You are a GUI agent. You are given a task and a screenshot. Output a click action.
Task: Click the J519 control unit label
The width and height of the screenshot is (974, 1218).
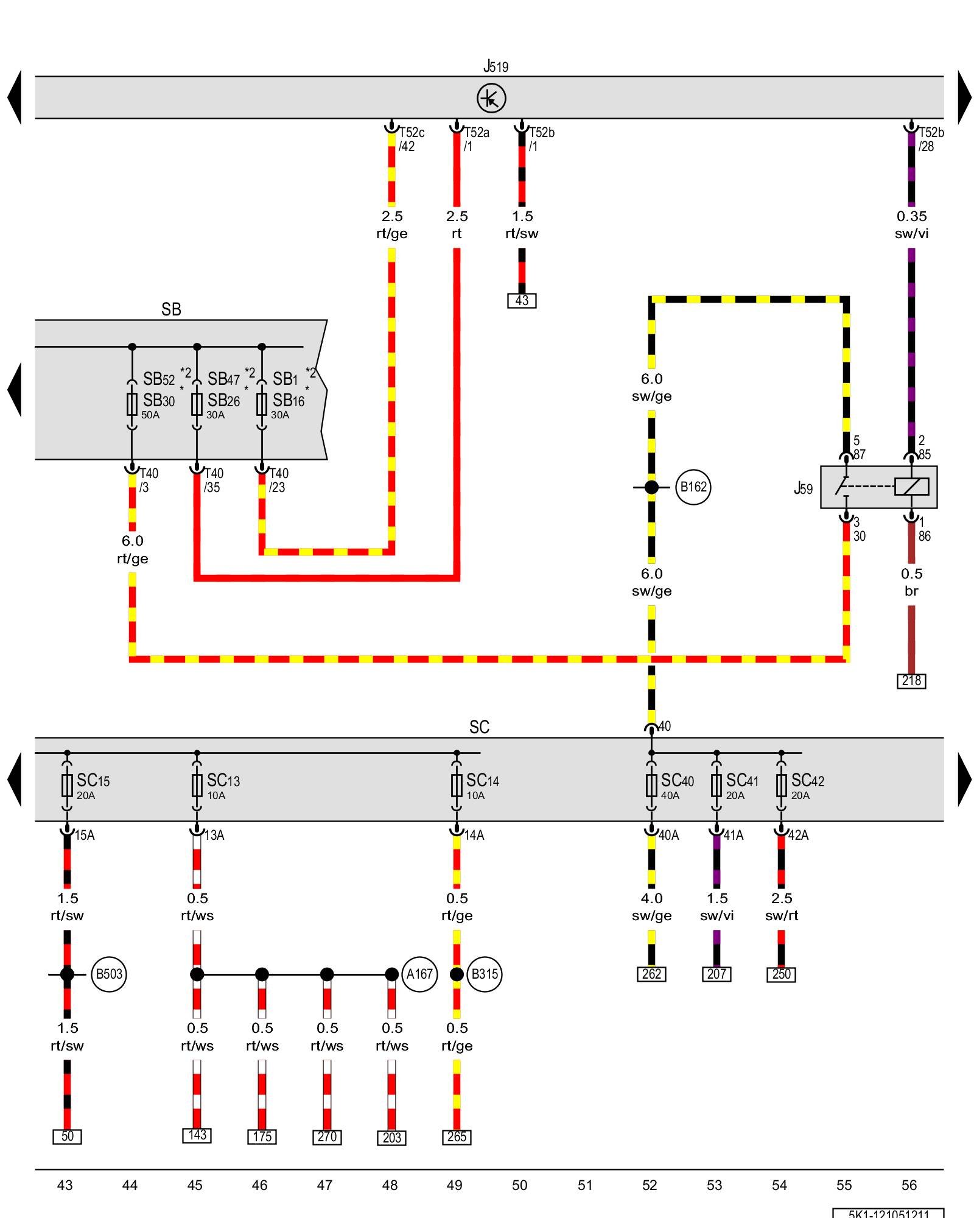[x=496, y=66]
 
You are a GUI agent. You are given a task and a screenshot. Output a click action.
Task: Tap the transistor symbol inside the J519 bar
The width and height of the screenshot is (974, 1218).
[x=491, y=98]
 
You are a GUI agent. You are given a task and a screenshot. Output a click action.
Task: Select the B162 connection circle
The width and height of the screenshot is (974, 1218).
[x=693, y=487]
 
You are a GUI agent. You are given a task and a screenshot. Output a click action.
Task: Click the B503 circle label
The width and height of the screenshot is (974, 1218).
[x=109, y=974]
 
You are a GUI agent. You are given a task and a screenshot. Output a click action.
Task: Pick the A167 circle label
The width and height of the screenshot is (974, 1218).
[x=419, y=974]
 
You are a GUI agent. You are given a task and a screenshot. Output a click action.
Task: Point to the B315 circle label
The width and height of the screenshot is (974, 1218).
[x=485, y=974]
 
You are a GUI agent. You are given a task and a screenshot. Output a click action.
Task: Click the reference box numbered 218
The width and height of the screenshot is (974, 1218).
[x=911, y=680]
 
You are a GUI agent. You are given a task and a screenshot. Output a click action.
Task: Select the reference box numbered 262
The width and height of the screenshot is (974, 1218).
[x=651, y=974]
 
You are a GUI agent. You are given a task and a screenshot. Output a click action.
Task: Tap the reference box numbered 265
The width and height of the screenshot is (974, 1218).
[x=457, y=1136]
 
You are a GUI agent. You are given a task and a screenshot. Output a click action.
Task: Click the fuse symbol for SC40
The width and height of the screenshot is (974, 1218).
[x=651, y=785]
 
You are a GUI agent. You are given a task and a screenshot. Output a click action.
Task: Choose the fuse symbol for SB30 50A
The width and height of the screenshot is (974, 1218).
[x=132, y=404]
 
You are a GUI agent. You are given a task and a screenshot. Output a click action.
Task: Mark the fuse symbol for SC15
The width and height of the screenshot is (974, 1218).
[x=67, y=785]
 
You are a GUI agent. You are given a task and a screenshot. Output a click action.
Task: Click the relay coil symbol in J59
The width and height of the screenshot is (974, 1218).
[x=911, y=487]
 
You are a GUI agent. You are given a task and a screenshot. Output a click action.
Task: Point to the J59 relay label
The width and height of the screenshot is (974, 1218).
[x=803, y=488]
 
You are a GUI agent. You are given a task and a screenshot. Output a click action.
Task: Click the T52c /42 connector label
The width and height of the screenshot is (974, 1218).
[x=412, y=139]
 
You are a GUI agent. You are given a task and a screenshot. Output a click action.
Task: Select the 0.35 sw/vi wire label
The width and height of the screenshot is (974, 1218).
[x=911, y=225]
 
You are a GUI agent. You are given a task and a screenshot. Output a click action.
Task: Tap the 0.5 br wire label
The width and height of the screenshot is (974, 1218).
[x=911, y=582]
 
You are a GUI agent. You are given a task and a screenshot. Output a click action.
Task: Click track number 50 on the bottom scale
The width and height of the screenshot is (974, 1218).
[x=519, y=1185]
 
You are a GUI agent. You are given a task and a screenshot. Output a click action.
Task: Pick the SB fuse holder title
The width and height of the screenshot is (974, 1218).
[x=171, y=309]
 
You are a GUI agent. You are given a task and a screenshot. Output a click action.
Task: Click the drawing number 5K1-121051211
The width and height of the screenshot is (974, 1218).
[x=889, y=1213]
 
